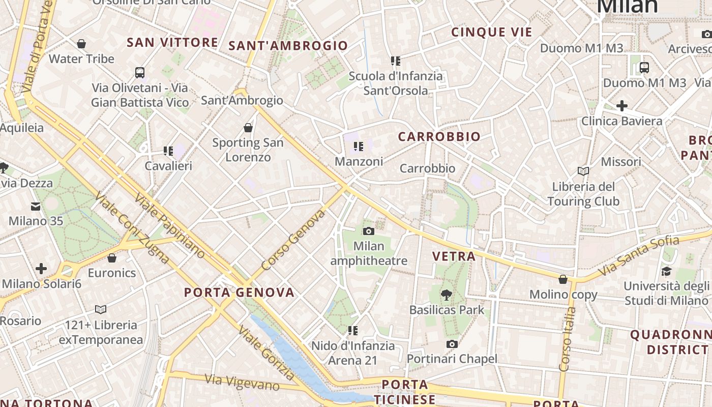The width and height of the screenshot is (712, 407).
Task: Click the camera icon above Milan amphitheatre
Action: click(x=369, y=231)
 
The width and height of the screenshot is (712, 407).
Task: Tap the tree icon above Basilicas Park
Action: click(x=447, y=294)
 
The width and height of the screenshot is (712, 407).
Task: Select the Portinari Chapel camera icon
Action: click(x=452, y=344)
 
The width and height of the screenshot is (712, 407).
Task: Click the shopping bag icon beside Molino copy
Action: click(x=563, y=279)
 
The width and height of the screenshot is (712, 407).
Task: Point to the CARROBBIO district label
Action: click(x=439, y=136)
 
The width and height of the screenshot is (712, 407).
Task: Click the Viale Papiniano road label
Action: click(x=170, y=225)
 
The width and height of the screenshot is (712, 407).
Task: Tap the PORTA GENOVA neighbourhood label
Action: click(x=239, y=293)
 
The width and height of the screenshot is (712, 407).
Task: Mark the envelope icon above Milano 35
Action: click(x=36, y=207)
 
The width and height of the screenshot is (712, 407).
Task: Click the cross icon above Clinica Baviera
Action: click(x=621, y=106)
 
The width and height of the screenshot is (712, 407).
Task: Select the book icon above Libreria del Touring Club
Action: click(x=583, y=171)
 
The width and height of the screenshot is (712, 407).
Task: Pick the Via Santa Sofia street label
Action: click(x=639, y=255)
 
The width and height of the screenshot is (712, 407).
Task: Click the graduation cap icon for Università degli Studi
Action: click(x=666, y=272)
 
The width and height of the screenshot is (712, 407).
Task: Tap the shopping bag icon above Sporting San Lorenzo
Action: click(x=248, y=127)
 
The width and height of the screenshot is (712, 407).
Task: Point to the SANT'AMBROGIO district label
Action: click(x=288, y=46)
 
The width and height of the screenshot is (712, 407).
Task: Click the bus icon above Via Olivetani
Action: click(x=140, y=73)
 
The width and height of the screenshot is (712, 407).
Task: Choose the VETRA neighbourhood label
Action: click(x=454, y=256)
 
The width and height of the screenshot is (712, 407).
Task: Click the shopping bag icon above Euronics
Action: click(x=112, y=258)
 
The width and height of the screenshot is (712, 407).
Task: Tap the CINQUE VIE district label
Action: click(x=492, y=33)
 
